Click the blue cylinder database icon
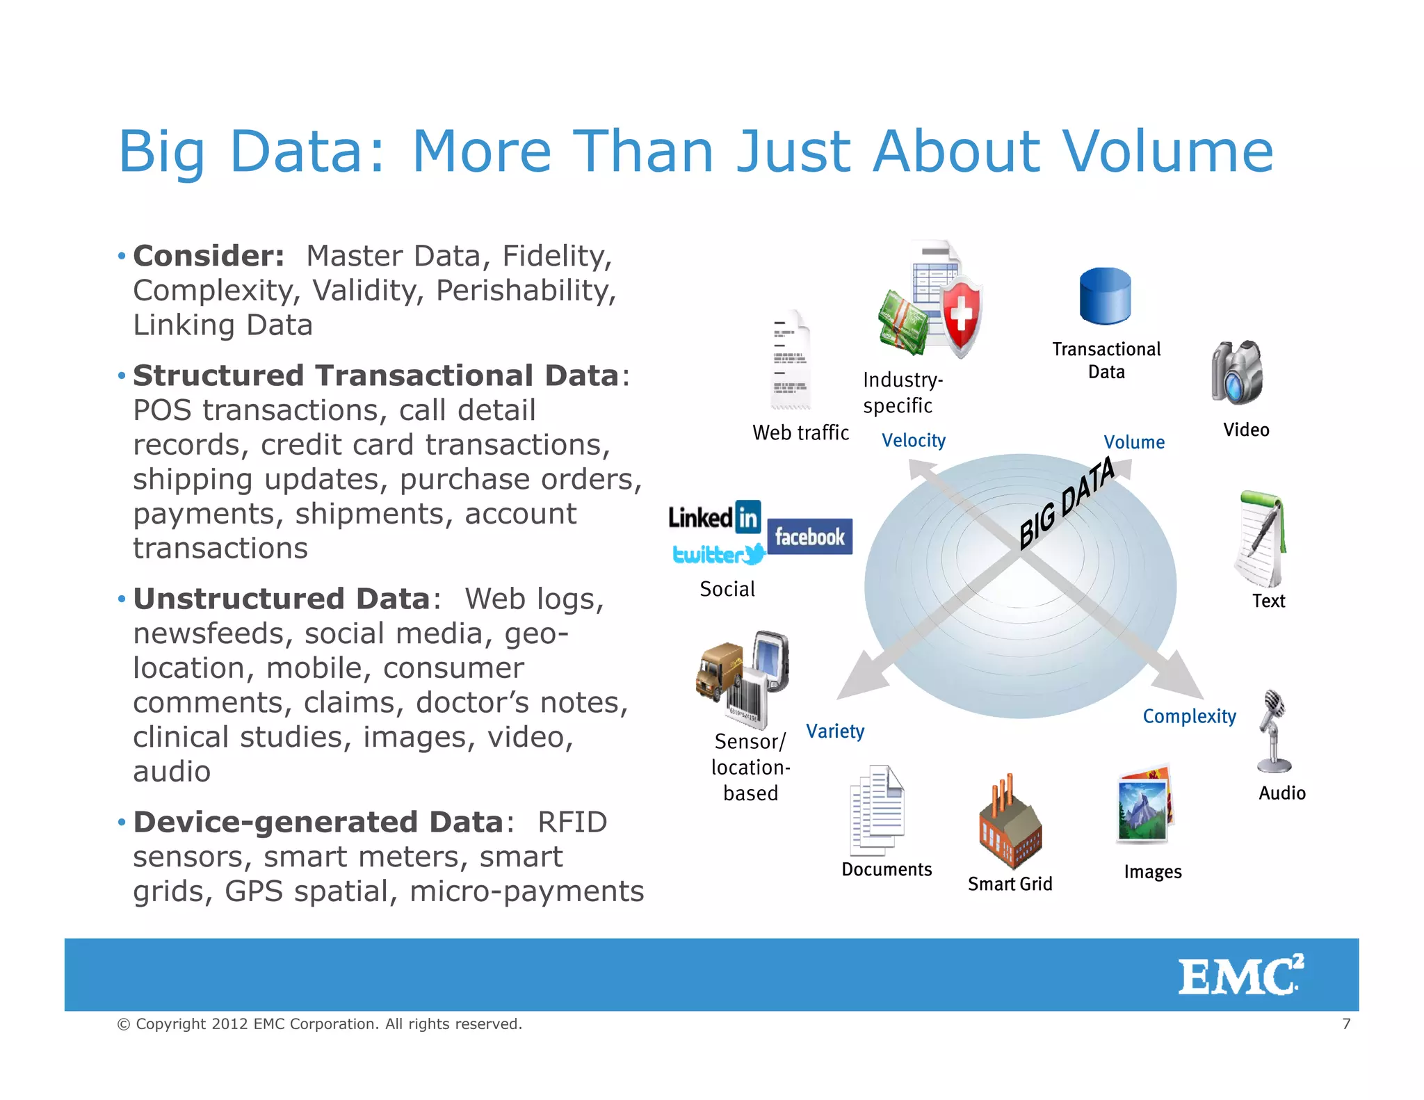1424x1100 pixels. pos(1105,296)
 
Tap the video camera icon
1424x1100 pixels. pos(1237,373)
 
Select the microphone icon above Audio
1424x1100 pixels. pos(1274,731)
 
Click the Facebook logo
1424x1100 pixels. pos(809,537)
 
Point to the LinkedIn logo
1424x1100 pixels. pos(714,517)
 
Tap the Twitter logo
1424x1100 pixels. pos(718,554)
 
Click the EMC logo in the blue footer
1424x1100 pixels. pos(1240,975)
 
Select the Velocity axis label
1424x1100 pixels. pos(913,441)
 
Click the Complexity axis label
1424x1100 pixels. pos(1189,716)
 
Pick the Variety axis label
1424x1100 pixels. pos(835,731)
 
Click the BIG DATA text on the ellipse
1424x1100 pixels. pos(1067,503)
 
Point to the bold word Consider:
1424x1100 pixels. pos(209,256)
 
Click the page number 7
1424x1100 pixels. pos(1346,1024)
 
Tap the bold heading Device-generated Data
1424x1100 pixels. pos(318,823)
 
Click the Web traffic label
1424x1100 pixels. pos(800,432)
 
